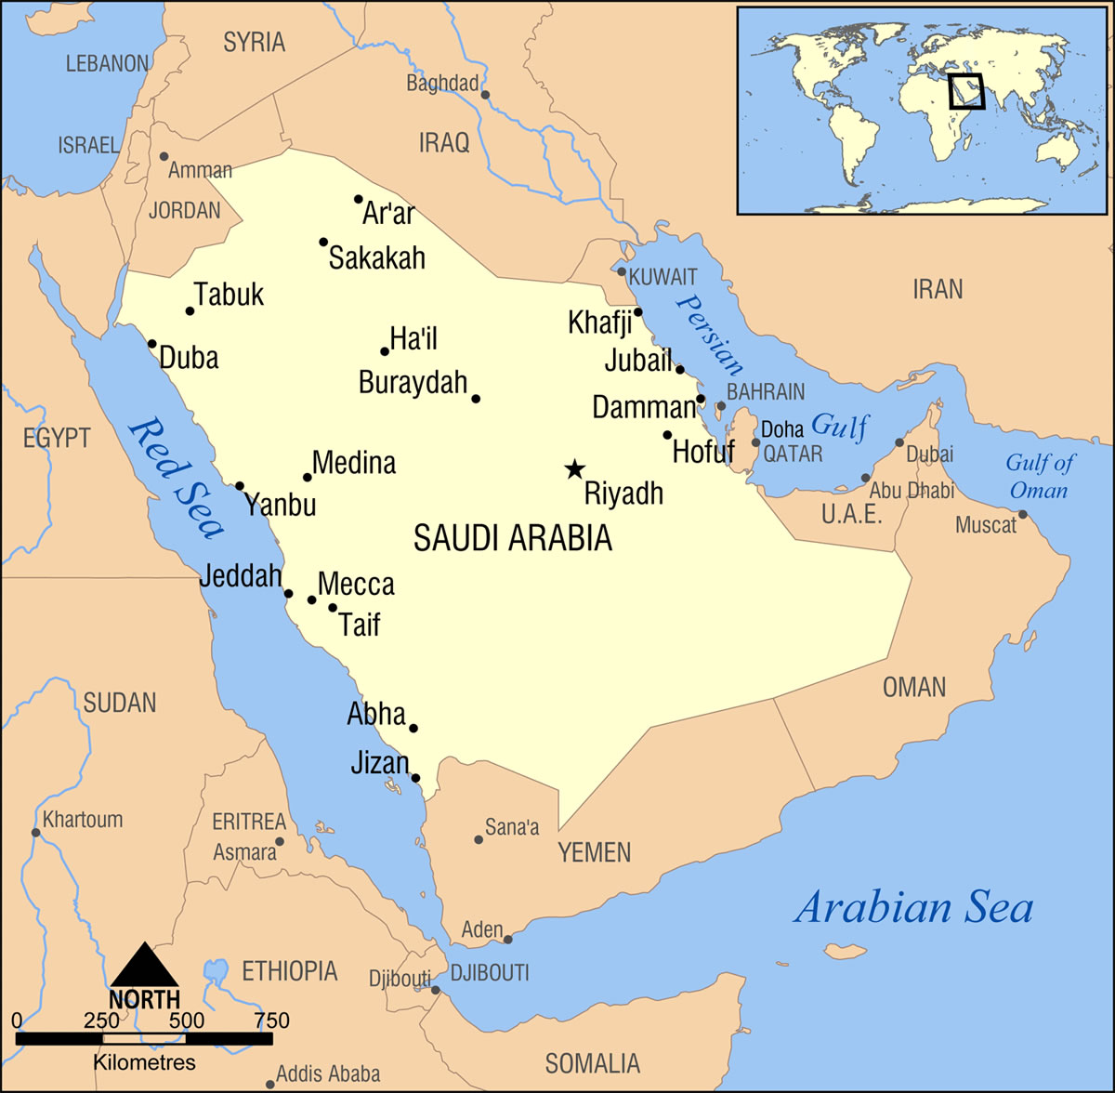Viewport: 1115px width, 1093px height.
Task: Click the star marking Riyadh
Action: click(575, 469)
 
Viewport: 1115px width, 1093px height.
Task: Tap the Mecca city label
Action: click(356, 585)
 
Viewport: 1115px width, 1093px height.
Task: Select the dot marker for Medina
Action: click(308, 478)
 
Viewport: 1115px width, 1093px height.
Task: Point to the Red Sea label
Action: click(177, 479)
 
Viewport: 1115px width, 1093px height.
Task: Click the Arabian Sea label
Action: click(912, 907)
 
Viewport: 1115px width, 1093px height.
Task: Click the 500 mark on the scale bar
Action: click(187, 1021)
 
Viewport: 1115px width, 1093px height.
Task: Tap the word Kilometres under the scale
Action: click(144, 1062)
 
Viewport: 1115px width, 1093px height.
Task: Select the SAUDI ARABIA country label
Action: click(513, 538)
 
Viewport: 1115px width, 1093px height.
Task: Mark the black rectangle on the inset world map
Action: click(965, 92)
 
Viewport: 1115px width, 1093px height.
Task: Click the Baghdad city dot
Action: click(485, 95)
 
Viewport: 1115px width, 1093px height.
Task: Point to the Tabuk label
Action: click(230, 295)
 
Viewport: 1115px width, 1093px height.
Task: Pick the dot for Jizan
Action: click(416, 778)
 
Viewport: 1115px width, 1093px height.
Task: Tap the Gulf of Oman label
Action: click(1040, 476)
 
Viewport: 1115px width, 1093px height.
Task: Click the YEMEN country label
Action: click(594, 852)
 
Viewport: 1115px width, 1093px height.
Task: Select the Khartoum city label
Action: click(83, 820)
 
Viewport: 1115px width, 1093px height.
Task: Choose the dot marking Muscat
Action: click(1023, 515)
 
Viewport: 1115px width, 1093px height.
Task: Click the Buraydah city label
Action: click(413, 382)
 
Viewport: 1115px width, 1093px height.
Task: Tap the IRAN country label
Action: click(938, 289)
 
